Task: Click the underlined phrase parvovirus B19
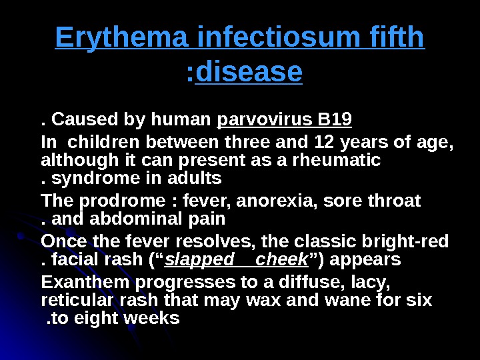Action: (x=285, y=121)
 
